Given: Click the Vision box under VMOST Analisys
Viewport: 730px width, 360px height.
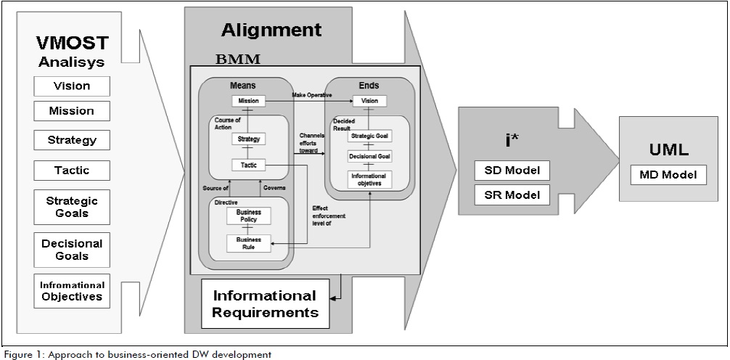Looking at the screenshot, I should tap(72, 86).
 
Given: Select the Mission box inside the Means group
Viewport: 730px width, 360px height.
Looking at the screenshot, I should tap(248, 101).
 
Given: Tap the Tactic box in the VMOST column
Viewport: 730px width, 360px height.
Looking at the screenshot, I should tap(72, 170).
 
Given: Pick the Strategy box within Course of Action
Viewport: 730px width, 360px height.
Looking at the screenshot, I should tap(248, 139).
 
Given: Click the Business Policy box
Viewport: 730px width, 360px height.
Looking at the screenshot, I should tap(249, 216).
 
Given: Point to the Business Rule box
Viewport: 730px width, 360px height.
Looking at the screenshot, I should tap(249, 244).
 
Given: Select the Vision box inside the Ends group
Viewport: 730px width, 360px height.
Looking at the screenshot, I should tap(369, 101).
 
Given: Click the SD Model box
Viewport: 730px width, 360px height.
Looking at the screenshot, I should tap(512, 171).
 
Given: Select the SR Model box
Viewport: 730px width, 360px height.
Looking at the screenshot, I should tap(512, 195).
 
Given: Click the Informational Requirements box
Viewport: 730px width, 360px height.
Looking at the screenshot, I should tap(264, 304).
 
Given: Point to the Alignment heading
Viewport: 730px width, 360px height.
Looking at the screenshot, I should tap(271, 30).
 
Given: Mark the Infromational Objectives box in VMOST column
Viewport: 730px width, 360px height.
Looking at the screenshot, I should tap(72, 290).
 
